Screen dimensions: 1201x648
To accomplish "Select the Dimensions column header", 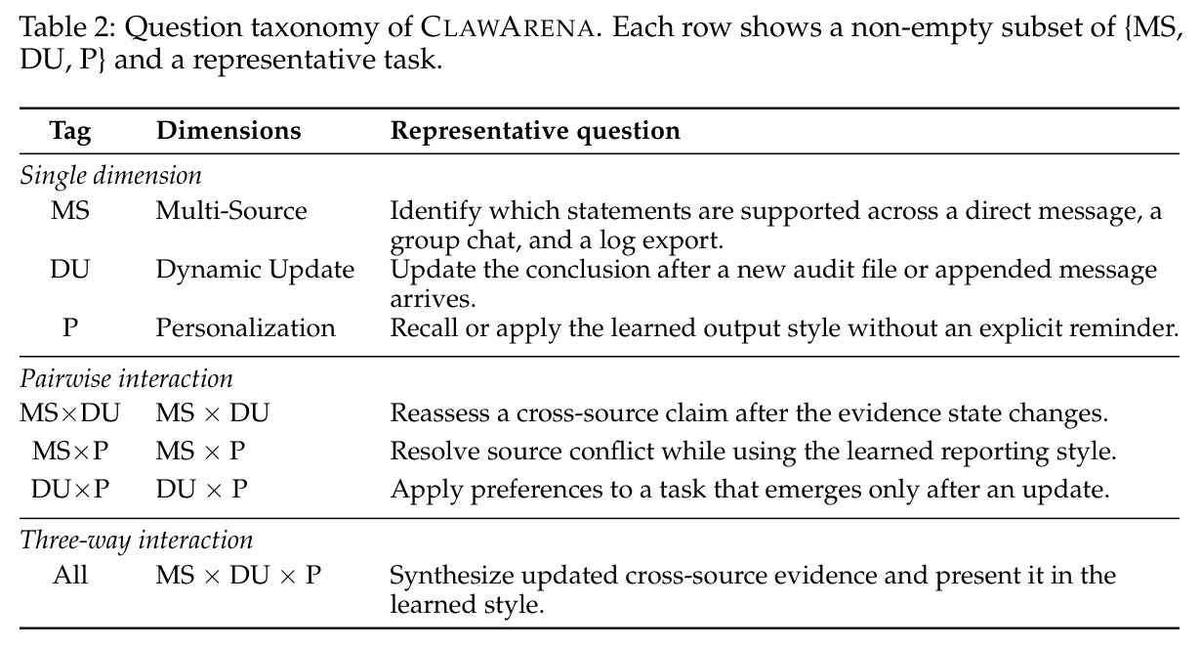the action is (x=228, y=130).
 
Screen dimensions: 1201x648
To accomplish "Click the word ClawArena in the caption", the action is (x=507, y=27).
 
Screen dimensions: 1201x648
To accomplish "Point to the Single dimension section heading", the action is (x=110, y=176).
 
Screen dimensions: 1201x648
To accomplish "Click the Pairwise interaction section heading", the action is (x=126, y=378).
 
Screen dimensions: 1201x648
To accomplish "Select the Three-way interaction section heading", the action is (x=136, y=540).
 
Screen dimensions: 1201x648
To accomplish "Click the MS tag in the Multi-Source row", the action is (x=70, y=210).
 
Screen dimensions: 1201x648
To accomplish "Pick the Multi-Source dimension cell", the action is (x=231, y=210).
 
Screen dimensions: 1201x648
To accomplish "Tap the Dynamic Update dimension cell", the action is (x=255, y=270).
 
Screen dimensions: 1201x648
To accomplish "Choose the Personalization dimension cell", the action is (x=245, y=328).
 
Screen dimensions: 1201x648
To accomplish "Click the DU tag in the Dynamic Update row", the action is (x=69, y=270).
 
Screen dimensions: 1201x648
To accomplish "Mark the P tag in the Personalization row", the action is (x=70, y=328).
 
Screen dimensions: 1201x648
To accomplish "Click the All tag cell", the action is (x=70, y=575).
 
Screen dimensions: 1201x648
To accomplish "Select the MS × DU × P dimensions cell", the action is (x=238, y=575).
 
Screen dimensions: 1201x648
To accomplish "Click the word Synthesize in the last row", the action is (x=451, y=576).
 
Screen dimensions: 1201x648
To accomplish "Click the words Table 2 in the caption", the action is (x=67, y=27).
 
